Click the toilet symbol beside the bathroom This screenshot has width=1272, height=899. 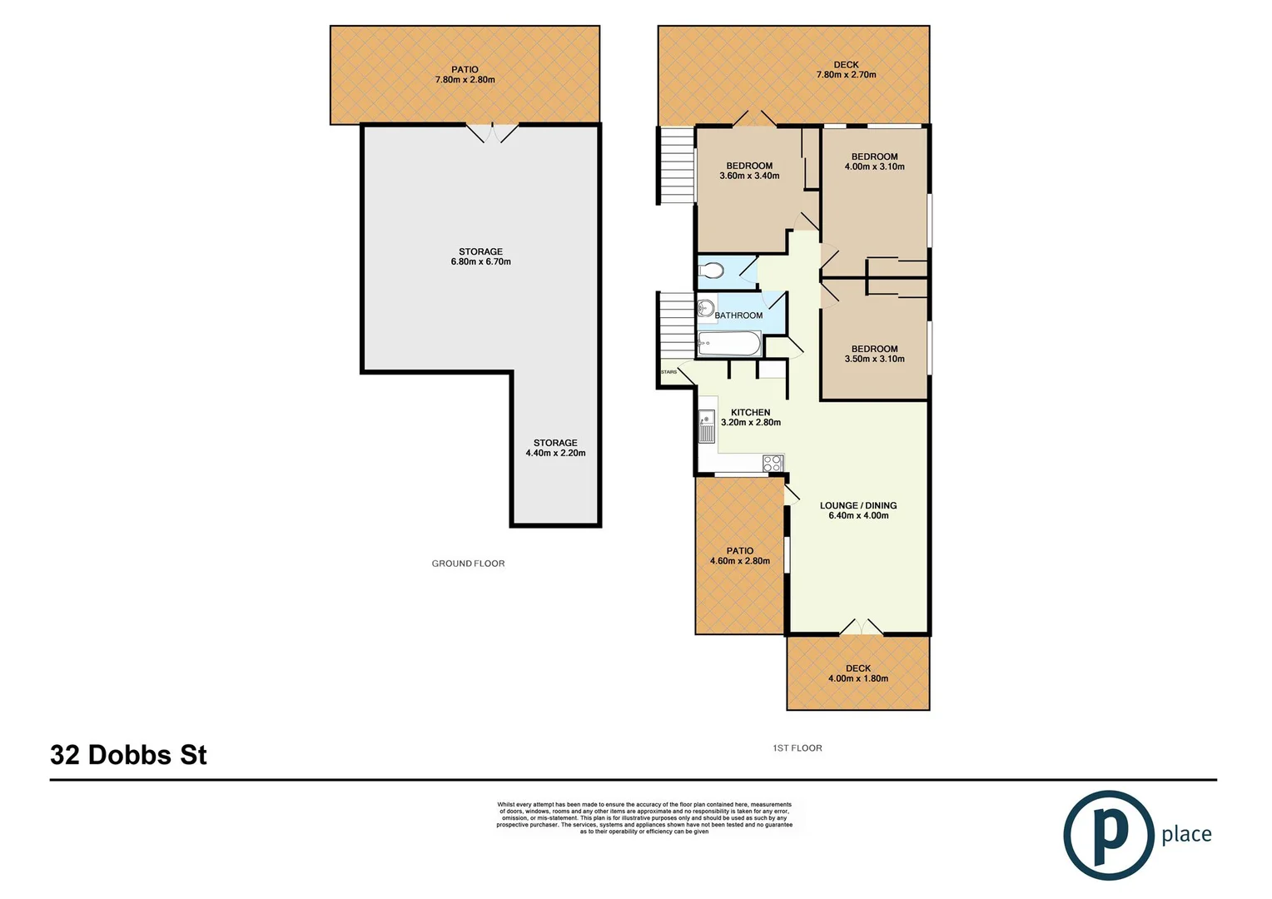click(711, 271)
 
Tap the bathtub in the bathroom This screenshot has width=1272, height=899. click(728, 343)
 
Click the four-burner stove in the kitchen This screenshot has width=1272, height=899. click(773, 464)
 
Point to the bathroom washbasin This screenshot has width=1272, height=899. click(705, 309)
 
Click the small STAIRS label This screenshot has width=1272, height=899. click(668, 372)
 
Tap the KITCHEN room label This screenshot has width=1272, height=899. click(750, 412)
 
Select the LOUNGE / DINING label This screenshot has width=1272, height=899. click(858, 505)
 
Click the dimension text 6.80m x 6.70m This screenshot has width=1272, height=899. click(480, 262)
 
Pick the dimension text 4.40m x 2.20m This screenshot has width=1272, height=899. click(555, 454)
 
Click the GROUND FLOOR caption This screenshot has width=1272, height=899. click(468, 564)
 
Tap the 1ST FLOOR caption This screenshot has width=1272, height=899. click(797, 748)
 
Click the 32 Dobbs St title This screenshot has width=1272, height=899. click(128, 755)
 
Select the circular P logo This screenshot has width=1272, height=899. click(1108, 835)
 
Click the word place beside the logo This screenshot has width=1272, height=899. click(1186, 834)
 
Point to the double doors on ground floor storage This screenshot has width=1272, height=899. click(492, 133)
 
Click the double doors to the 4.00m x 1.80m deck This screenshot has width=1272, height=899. click(860, 627)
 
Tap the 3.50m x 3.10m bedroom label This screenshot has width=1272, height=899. click(874, 354)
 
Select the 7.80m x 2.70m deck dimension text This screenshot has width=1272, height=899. click(846, 75)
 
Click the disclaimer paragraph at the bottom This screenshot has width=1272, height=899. click(644, 817)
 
